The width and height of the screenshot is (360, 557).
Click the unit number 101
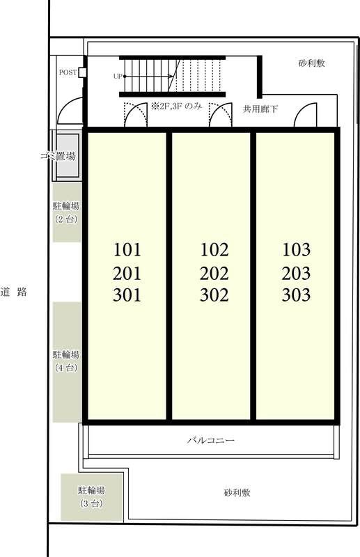(127, 250)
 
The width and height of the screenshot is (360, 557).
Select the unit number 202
(214, 274)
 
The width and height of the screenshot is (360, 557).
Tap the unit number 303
(297, 295)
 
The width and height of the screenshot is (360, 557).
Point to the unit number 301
(127, 295)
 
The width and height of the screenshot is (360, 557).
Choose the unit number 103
(297, 250)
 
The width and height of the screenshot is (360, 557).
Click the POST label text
(68, 72)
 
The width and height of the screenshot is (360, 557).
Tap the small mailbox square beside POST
(82, 72)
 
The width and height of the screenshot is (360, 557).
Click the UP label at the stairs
(118, 77)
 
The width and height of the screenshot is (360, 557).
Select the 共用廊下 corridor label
(260, 109)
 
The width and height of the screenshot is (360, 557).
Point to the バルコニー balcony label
(211, 441)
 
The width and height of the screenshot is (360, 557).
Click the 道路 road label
(14, 292)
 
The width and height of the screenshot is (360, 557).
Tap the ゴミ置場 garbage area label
(58, 155)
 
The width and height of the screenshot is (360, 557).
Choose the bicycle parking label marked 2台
(66, 212)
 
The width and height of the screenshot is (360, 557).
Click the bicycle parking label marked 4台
(66, 361)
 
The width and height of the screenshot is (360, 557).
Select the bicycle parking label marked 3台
(92, 496)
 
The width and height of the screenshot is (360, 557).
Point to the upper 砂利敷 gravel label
(312, 63)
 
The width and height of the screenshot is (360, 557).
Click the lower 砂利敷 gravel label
(237, 493)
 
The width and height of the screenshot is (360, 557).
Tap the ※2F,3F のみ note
(177, 106)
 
